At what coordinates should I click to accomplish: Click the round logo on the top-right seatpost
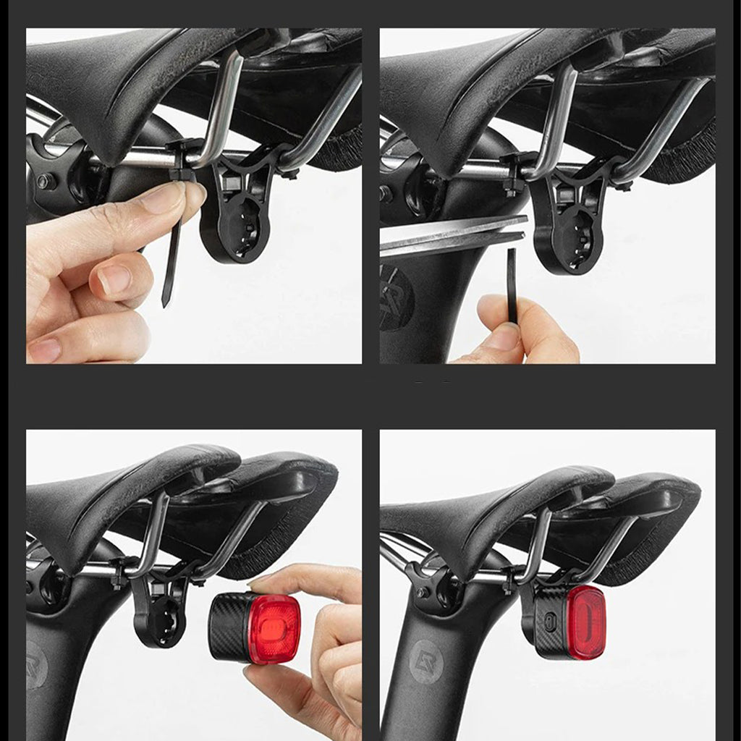397,296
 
